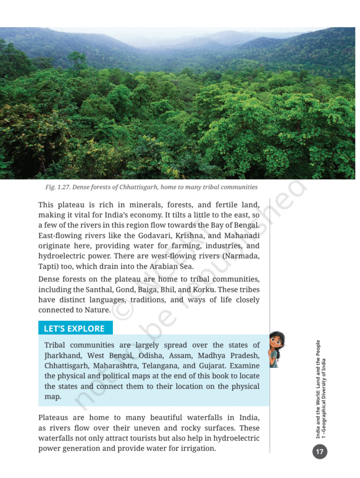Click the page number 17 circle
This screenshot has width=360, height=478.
coord(320,452)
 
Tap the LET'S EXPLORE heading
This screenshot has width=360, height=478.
coord(74,328)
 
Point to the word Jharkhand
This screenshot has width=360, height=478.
coord(62,356)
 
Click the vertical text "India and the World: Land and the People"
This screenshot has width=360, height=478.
coord(318,389)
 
